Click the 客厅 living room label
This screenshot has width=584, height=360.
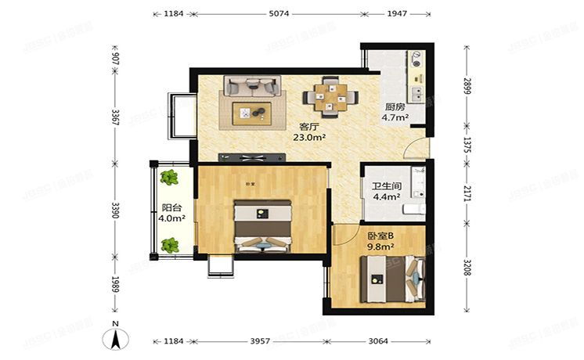[x=308, y=126]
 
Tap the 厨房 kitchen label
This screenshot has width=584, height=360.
[x=394, y=108]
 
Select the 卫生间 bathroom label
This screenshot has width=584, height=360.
[x=386, y=187]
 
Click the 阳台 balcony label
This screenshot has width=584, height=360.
[x=163, y=208]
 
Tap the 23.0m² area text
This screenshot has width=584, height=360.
[x=308, y=137]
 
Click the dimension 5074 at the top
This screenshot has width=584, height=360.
[x=278, y=14]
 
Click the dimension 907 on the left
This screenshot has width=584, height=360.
[x=115, y=59]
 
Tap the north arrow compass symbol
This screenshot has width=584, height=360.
[x=115, y=338]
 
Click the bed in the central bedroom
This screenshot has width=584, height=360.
[x=263, y=227]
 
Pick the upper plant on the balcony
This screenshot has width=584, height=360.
[x=169, y=177]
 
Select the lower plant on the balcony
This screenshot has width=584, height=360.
[x=169, y=245]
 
